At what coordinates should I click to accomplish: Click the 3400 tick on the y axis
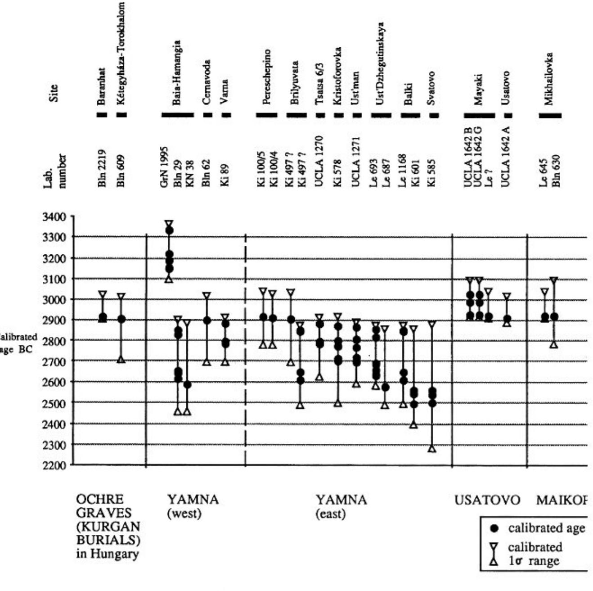pos(54,217)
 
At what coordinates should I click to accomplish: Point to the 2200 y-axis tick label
pos(54,465)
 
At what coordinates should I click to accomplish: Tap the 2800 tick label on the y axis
pos(54,341)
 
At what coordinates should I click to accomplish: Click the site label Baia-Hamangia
pos(177,73)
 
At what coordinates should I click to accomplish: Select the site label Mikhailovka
pos(548,79)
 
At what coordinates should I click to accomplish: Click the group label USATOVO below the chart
pos(487,500)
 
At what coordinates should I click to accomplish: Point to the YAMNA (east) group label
pos(341,506)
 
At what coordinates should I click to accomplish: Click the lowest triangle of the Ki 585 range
pos(432,449)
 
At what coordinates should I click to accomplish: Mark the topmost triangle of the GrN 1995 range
pos(169,224)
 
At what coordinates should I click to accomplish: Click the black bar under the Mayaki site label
pos(479,115)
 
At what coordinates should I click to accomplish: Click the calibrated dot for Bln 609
pos(121,319)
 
